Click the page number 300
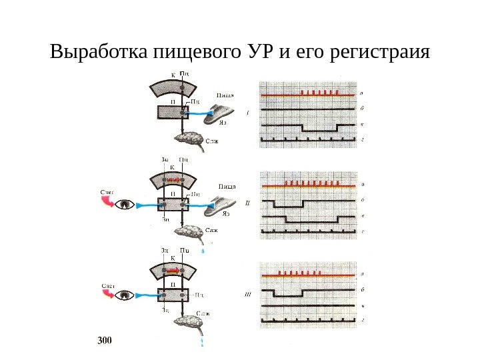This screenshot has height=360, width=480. click(104, 341)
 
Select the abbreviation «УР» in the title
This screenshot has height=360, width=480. click(257, 52)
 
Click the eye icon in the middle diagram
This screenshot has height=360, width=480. click(124, 205)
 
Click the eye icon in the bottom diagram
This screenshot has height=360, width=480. click(124, 294)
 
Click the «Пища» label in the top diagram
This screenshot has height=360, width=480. click(224, 95)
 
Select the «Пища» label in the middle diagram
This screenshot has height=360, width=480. click(227, 186)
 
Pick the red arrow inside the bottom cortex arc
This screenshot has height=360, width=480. click(172, 270)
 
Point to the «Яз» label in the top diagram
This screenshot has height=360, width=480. click(223, 123)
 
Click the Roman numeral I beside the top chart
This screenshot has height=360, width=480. click(247, 113)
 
